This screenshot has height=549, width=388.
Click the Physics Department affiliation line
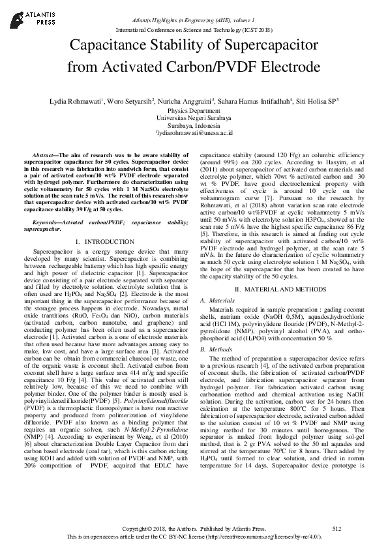tap(194, 111)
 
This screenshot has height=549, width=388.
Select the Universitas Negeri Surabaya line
tap(194, 119)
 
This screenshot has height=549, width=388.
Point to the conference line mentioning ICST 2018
tap(194, 30)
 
